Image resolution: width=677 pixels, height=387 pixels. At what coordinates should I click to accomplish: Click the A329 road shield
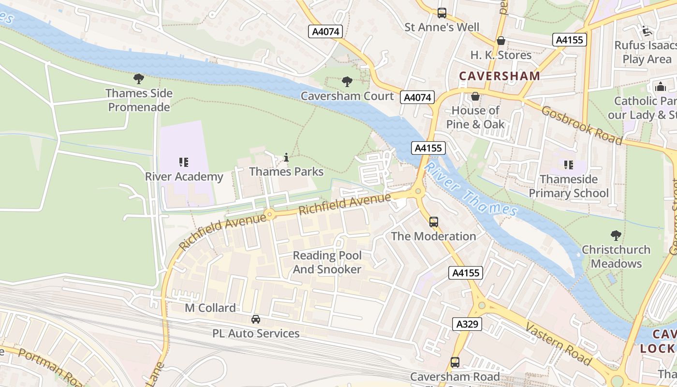click(x=467, y=324)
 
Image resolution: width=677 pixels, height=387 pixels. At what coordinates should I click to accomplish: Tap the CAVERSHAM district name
click(x=500, y=76)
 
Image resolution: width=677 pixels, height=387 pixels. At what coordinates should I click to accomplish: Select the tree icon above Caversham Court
click(x=347, y=81)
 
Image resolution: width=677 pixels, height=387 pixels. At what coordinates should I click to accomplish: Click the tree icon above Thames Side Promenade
click(x=139, y=78)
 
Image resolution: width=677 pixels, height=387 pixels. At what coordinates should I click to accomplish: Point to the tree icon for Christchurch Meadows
click(x=616, y=236)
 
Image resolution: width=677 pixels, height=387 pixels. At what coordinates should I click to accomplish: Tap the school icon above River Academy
click(x=183, y=162)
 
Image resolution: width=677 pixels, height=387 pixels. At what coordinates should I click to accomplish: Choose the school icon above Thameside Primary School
click(x=568, y=165)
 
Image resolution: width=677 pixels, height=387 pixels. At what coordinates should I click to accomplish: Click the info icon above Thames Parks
click(x=286, y=157)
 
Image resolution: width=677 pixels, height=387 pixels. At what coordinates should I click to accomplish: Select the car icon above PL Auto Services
click(x=256, y=319)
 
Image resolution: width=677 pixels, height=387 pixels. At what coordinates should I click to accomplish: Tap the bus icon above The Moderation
click(x=434, y=222)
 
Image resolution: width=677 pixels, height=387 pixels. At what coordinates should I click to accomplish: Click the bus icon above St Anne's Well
click(x=442, y=13)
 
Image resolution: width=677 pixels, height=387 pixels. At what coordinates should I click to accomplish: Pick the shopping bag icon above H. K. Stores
click(x=501, y=41)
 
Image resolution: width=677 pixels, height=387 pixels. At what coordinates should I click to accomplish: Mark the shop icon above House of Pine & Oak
click(x=475, y=96)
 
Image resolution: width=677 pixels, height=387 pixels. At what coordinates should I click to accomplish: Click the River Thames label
click(x=470, y=189)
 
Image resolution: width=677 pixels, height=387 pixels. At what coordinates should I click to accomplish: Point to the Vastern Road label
click(x=559, y=344)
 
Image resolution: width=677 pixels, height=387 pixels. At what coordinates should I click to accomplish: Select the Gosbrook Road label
click(x=582, y=125)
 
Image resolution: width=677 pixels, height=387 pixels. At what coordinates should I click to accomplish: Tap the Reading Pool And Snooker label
click(x=327, y=262)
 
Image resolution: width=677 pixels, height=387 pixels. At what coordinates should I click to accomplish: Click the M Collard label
click(x=210, y=308)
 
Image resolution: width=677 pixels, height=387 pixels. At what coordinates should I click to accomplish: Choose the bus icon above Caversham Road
click(x=455, y=362)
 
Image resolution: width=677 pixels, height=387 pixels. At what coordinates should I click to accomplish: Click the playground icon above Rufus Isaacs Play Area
click(x=647, y=31)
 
